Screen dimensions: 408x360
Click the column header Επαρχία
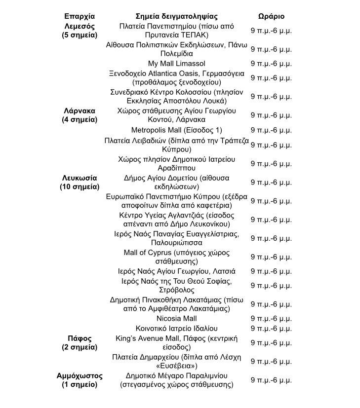pyautogui.click(x=80, y=16)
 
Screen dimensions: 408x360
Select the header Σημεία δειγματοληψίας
pyautogui.click(x=176, y=16)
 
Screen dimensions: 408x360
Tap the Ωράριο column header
pyautogui.click(x=271, y=16)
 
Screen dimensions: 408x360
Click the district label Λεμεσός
pyautogui.click(x=80, y=26)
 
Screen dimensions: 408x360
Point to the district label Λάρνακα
pyautogui.click(x=80, y=111)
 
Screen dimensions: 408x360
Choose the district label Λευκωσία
pyautogui.click(x=80, y=178)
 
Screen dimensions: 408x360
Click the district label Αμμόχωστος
pyautogui.click(x=80, y=375)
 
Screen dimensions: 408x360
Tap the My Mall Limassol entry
pyautogui.click(x=176, y=63)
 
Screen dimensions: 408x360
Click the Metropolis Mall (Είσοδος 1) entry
pyautogui.click(x=176, y=130)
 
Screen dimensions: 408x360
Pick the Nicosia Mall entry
pyautogui.click(x=176, y=318)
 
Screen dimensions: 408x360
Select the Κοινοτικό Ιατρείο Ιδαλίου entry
pyautogui.click(x=176, y=328)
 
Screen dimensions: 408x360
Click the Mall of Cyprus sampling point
pyautogui.click(x=176, y=257)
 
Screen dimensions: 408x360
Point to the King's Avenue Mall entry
pyautogui.click(x=176, y=342)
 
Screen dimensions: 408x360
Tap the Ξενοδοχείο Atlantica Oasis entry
pyautogui.click(x=176, y=77)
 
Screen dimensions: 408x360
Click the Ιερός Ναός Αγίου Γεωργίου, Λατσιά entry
pyautogui.click(x=176, y=271)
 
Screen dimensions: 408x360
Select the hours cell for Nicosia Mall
pyautogui.click(x=271, y=318)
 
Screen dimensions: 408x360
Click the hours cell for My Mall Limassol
pyautogui.click(x=271, y=63)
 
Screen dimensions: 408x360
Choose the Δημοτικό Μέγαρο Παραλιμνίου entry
pyautogui.click(x=176, y=380)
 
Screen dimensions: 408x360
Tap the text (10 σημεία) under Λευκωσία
pyautogui.click(x=80, y=187)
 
